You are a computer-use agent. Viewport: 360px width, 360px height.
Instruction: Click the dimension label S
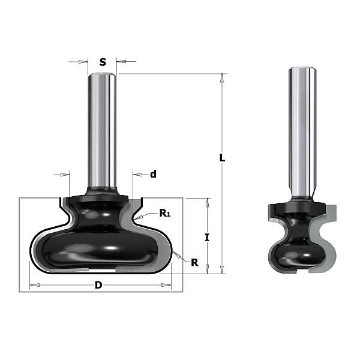103,62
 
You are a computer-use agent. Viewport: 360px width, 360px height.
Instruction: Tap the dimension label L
222,158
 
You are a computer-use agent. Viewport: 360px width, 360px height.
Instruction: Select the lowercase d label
153,174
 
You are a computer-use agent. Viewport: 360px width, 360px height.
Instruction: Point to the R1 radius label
165,213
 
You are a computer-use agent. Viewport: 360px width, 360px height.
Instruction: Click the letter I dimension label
207,238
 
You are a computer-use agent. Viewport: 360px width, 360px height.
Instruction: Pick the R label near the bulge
194,262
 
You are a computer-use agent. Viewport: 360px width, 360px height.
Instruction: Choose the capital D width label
98,285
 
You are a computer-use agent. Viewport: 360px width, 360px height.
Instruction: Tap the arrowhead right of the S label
121,62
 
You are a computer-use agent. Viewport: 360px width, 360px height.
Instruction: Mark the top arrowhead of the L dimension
222,78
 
